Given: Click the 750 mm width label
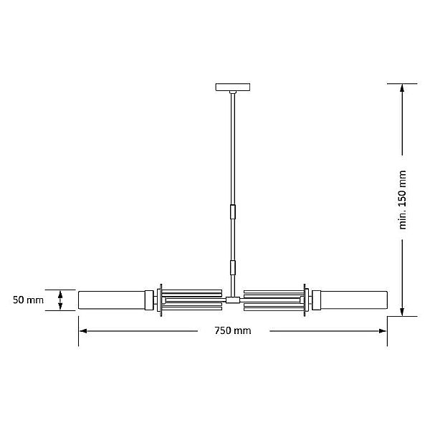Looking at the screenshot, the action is [232, 330].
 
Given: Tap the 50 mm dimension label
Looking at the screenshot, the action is [28, 300].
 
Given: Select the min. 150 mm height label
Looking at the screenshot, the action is [402, 200].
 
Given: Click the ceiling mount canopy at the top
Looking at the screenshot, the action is [233, 87].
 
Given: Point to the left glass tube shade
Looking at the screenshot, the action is [112, 300].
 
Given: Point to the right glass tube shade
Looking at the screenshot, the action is [354, 300].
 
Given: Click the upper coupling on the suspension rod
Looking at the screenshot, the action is [233, 211].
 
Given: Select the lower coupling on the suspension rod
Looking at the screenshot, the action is [233, 267].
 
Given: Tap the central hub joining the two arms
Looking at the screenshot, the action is [233, 300].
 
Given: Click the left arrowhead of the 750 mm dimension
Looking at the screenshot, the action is [83, 331].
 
